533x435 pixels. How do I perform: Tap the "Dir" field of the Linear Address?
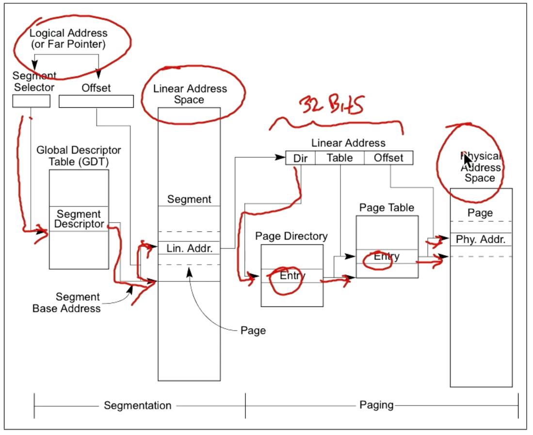point(300,158)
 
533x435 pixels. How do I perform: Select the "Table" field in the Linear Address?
point(339,158)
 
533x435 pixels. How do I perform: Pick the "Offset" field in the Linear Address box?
point(388,158)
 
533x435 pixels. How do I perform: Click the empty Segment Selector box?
point(31,101)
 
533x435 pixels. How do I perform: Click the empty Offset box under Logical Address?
point(96,101)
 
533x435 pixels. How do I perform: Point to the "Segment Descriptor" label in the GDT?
point(79,219)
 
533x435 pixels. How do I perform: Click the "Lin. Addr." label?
point(189,248)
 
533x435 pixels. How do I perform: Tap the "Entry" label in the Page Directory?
point(292,275)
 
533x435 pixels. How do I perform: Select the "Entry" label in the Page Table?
point(387,257)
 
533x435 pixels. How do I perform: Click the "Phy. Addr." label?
point(481,239)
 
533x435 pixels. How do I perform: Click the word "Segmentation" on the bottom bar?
point(138,405)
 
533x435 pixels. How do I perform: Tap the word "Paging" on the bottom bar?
point(376,405)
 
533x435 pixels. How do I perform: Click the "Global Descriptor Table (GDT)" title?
point(79,156)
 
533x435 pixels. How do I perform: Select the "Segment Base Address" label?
point(66,303)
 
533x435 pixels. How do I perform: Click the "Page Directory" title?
point(291,236)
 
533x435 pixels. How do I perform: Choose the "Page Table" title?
point(387,208)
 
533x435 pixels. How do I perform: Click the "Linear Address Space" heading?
point(190,94)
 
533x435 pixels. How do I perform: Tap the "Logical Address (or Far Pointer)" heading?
point(68,39)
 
